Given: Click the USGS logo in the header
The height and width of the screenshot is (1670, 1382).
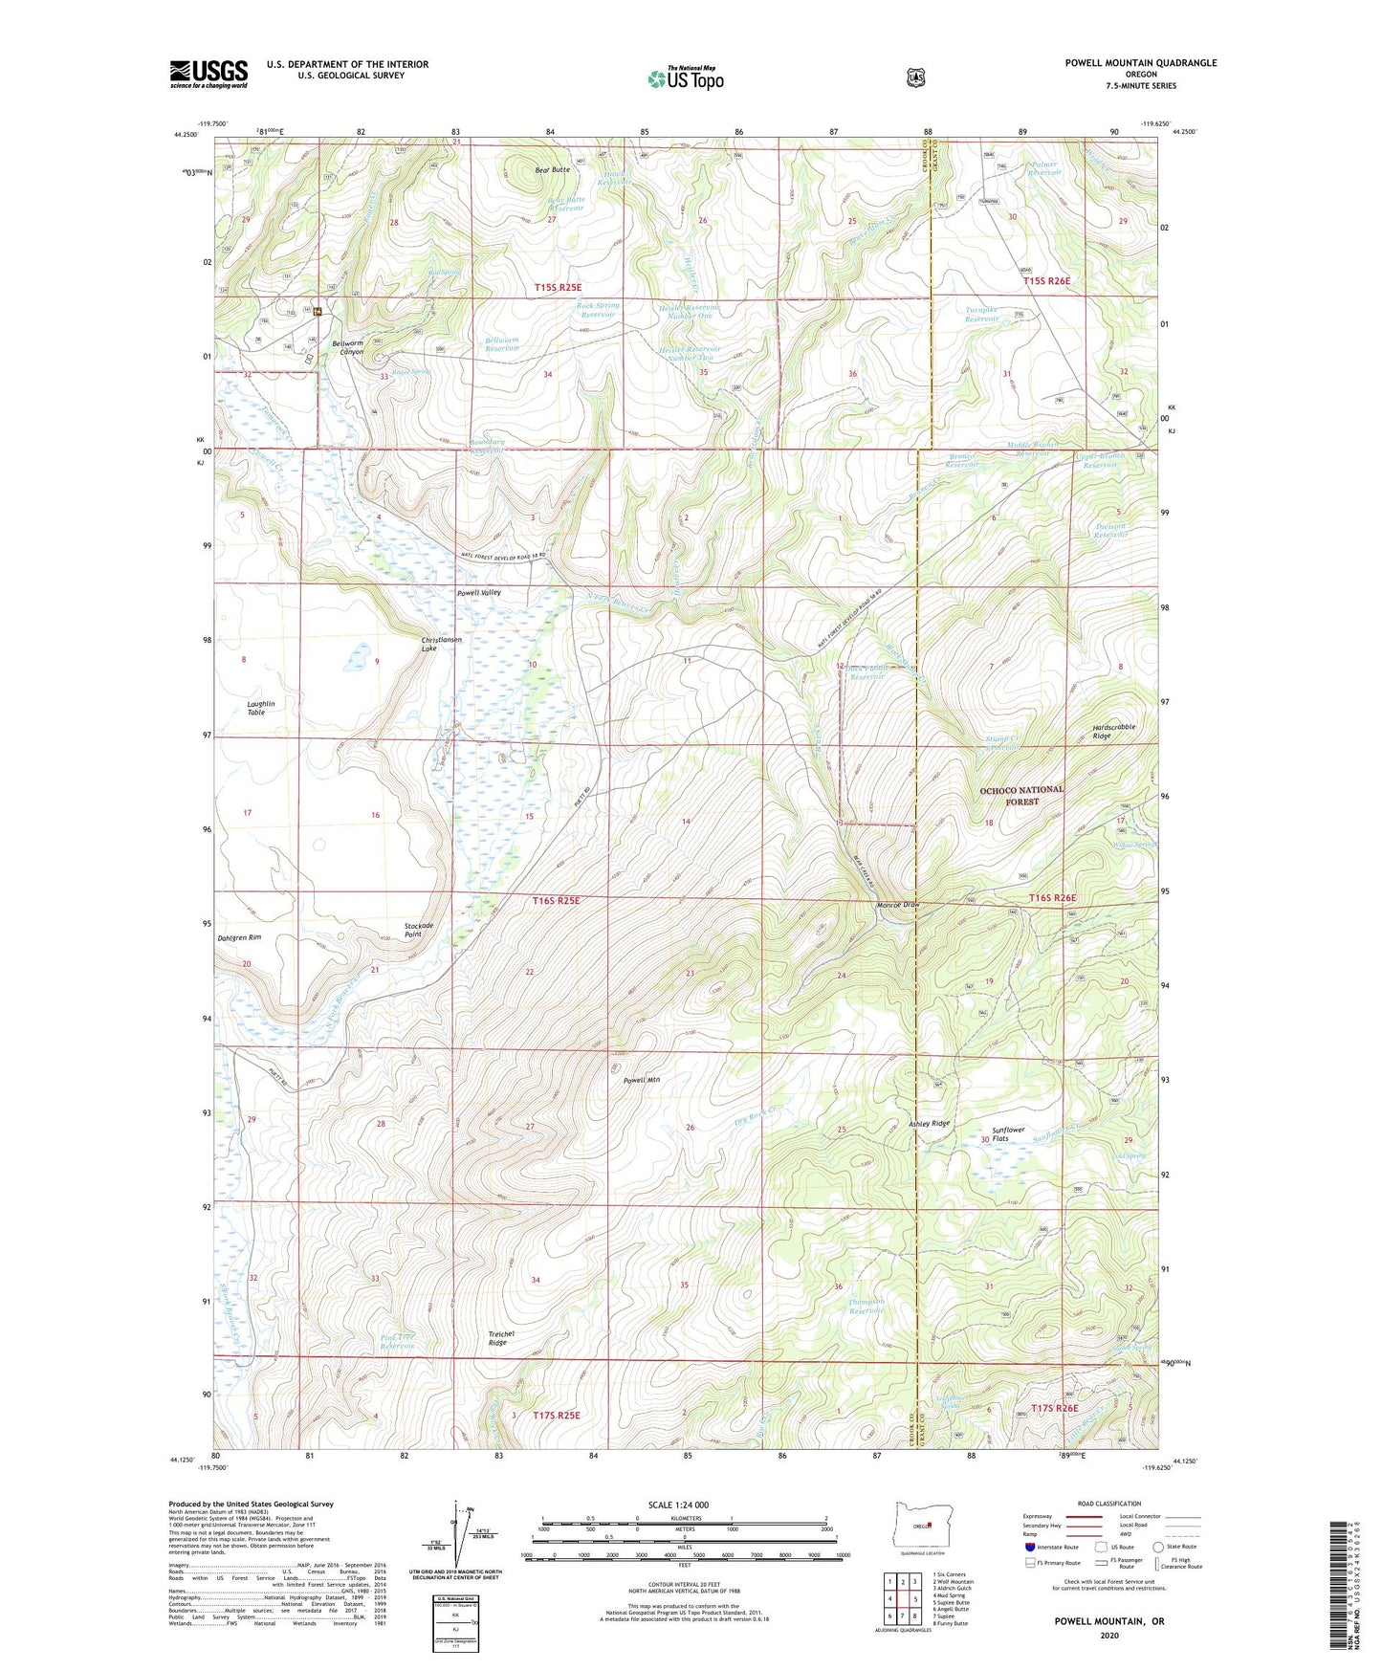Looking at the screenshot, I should [208, 74].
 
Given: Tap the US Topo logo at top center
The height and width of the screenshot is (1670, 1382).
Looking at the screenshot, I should [684, 77].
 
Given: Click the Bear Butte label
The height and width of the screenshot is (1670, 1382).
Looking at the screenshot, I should [552, 169].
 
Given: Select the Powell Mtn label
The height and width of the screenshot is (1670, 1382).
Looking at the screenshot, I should [642, 1080].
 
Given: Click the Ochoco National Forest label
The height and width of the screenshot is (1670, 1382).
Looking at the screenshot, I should [1021, 795].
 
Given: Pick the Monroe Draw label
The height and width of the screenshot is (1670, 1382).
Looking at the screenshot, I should [897, 905].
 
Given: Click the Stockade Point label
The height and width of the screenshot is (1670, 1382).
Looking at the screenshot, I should [419, 930].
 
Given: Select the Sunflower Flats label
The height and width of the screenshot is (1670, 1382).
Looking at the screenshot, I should [1008, 1134].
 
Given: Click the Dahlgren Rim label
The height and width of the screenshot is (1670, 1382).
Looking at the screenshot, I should [239, 937].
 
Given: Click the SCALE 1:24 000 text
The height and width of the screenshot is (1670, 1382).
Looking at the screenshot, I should [678, 1505].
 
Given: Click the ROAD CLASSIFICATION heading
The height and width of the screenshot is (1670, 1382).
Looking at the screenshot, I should [1108, 1504].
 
